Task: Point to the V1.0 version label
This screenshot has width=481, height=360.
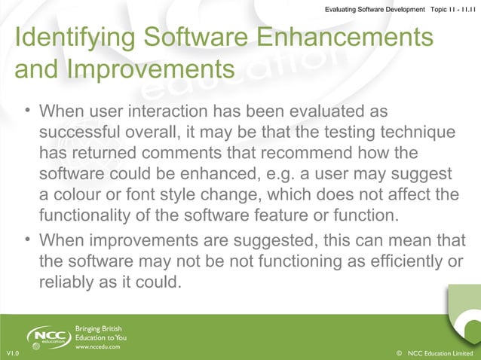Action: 12,353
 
